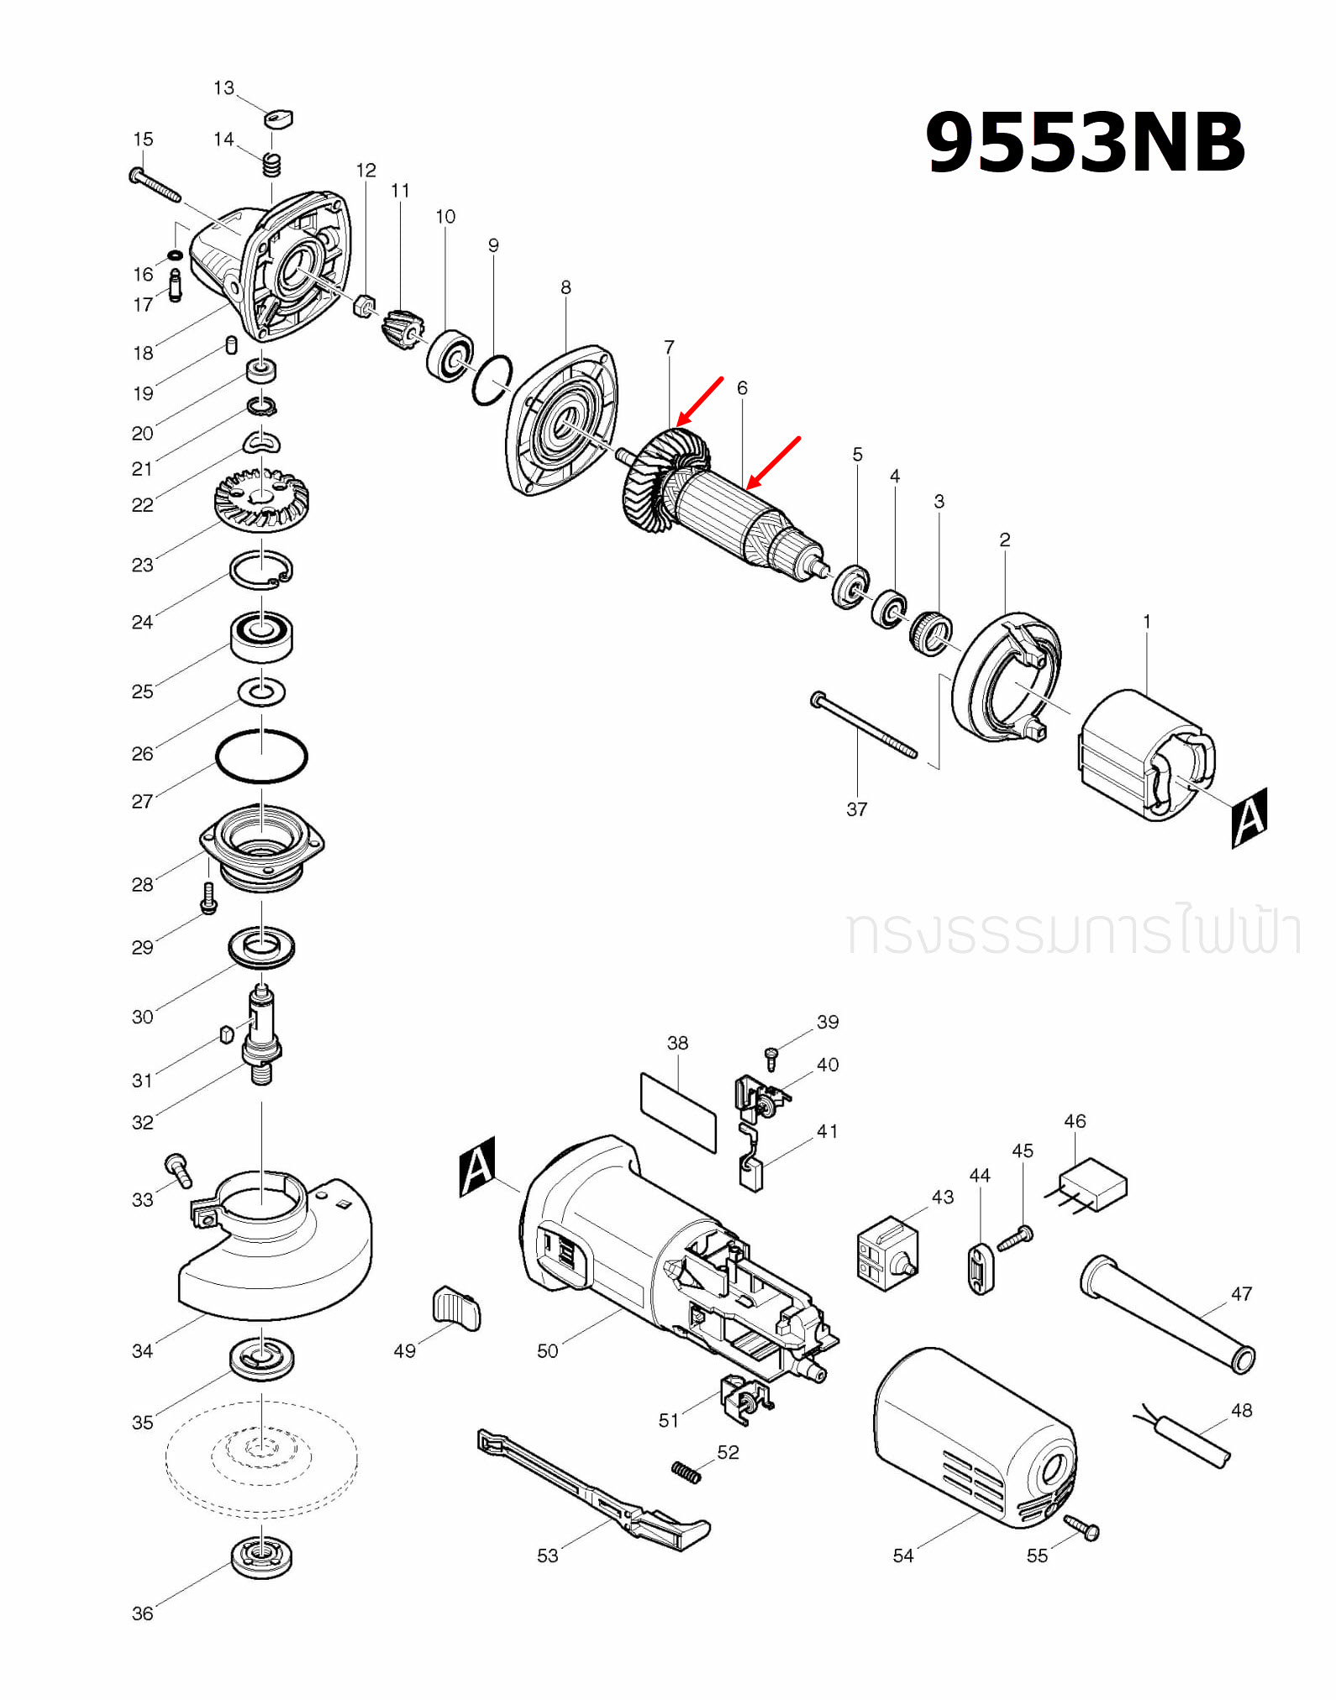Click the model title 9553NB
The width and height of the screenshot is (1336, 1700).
tap(1084, 143)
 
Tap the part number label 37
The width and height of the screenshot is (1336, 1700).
tap(856, 809)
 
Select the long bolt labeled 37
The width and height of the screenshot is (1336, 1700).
tap(865, 725)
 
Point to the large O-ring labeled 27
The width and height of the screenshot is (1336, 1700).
tap(261, 756)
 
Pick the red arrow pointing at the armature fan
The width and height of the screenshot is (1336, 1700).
tap(700, 401)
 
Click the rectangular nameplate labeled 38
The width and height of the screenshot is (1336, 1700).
tap(678, 1112)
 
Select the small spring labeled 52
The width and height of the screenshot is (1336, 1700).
tap(686, 1472)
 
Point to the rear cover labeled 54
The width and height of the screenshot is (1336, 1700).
tap(975, 1437)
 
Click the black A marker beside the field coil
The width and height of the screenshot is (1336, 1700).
tap(1249, 817)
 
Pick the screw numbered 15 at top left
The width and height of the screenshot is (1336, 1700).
tap(155, 185)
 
